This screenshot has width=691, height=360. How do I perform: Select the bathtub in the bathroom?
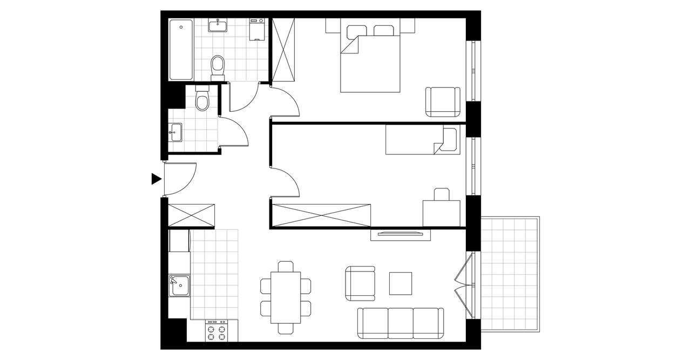pyautogui.click(x=180, y=50)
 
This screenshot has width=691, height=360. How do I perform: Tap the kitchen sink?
pyautogui.click(x=179, y=285)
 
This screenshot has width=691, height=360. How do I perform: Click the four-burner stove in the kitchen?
pyautogui.click(x=221, y=330)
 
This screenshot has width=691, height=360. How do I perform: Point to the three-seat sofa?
pyautogui.click(x=401, y=323)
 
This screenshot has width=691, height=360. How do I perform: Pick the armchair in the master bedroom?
pyautogui.click(x=443, y=102)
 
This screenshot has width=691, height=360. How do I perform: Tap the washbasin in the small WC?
pyautogui.click(x=175, y=132)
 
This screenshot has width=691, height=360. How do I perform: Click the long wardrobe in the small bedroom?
pyautogui.click(x=321, y=215)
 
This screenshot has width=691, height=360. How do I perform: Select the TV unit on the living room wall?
pyautogui.click(x=400, y=234)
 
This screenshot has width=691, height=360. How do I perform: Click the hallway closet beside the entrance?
pyautogui.click(x=192, y=215)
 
